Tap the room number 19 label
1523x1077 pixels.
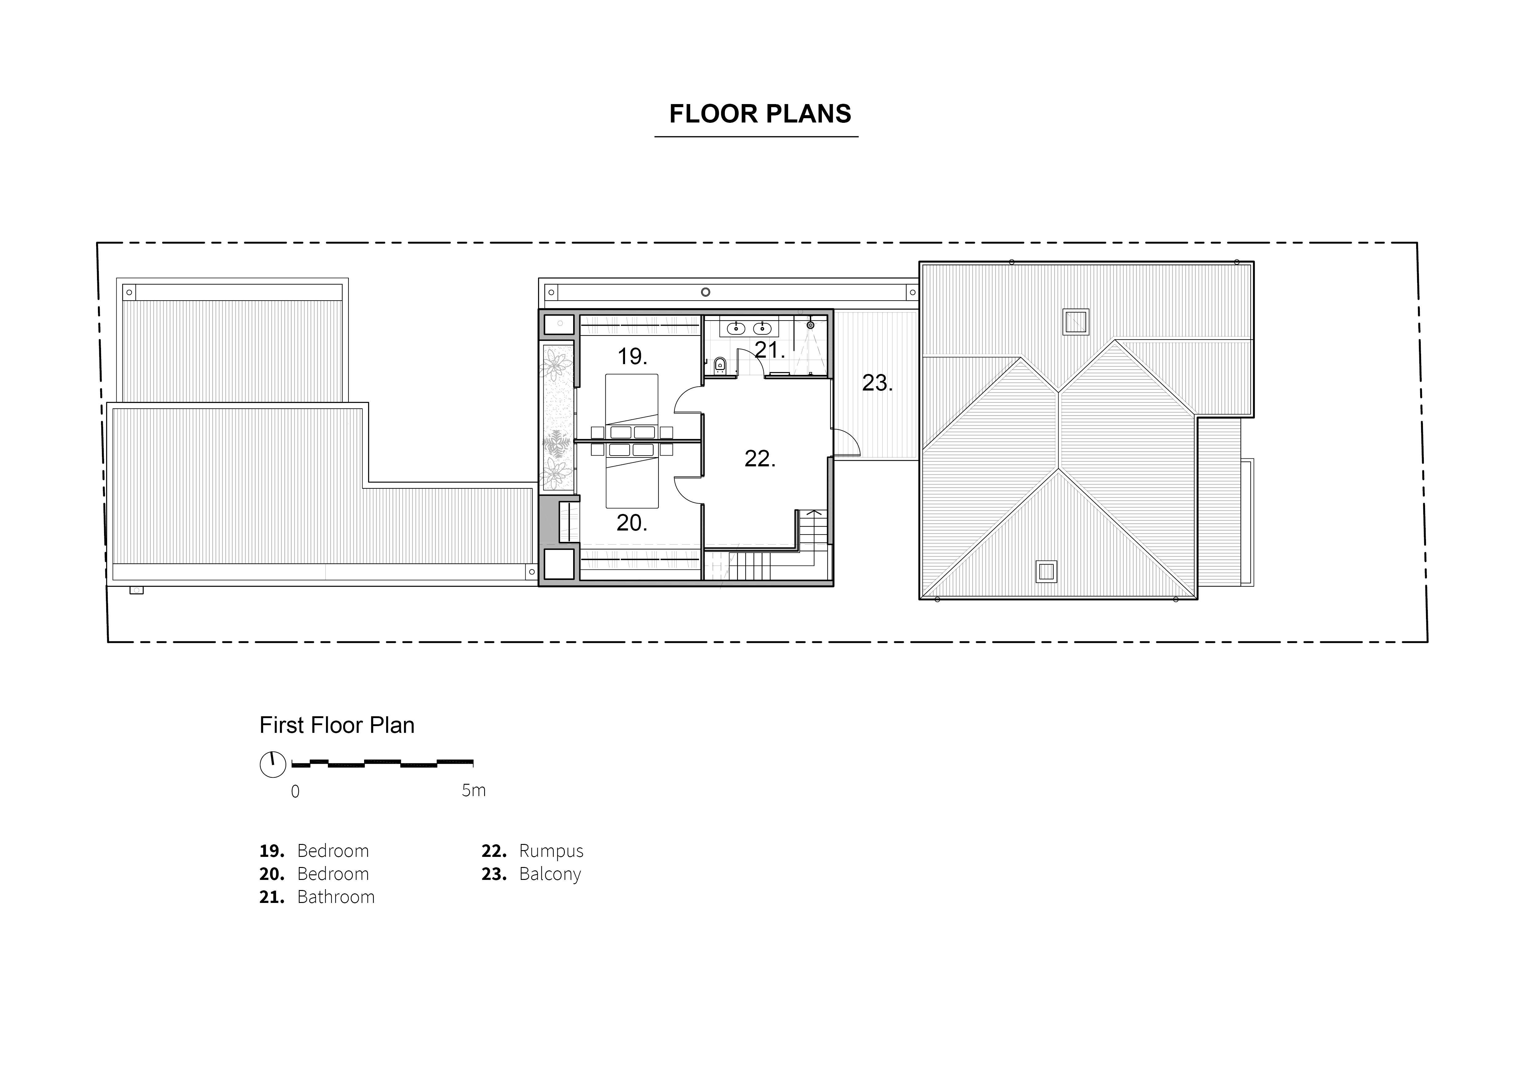coord(632,357)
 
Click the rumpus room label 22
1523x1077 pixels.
coord(760,458)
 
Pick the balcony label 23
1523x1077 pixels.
coord(877,383)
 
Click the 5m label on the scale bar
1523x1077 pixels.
coord(474,791)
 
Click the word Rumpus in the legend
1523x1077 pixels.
coord(551,851)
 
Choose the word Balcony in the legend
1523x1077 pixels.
coord(550,874)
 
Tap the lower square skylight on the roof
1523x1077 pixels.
coord(1046,572)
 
